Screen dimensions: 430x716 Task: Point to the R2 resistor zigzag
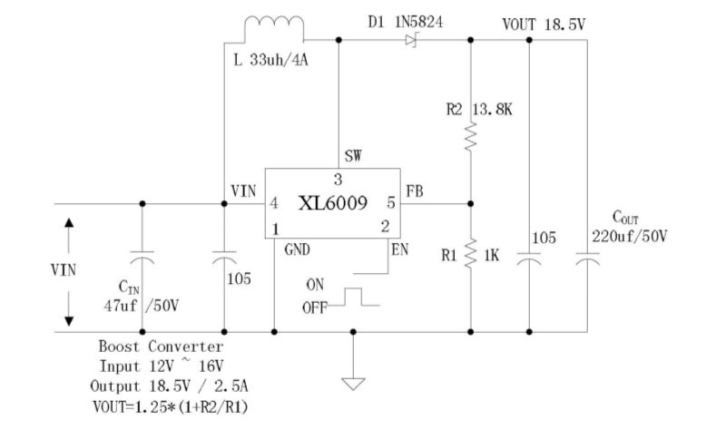point(471,138)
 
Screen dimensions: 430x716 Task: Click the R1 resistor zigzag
point(471,254)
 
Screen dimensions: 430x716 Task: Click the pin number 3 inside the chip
point(338,179)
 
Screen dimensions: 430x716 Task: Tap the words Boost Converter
point(160,347)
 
